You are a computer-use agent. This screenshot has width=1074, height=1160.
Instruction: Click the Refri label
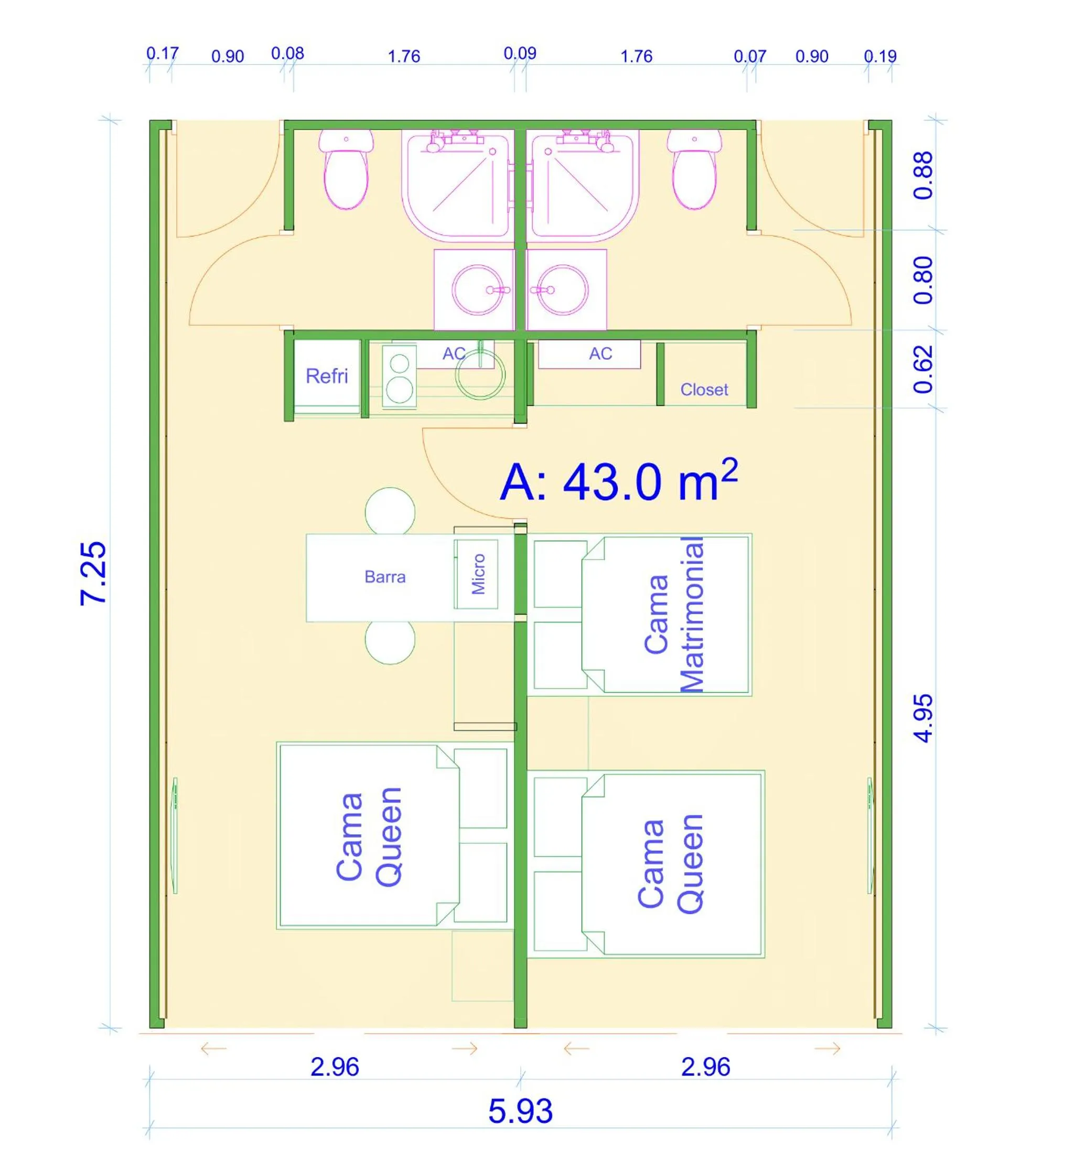[x=327, y=376]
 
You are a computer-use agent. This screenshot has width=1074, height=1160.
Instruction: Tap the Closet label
[x=704, y=390]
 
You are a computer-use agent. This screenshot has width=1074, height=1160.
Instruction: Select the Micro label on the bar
[x=478, y=574]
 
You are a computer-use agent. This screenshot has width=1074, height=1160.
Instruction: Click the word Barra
[x=385, y=576]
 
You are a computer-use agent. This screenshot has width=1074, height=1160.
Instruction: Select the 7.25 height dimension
[x=93, y=573]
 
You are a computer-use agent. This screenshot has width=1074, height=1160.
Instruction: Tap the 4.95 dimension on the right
[x=923, y=718]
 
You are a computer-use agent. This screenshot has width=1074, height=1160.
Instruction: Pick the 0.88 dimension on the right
[x=923, y=176]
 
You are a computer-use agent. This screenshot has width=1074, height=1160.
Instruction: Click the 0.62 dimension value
[x=923, y=369]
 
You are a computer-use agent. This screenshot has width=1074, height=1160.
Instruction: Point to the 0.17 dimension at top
[x=162, y=53]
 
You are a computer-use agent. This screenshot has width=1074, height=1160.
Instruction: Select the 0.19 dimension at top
[x=880, y=56]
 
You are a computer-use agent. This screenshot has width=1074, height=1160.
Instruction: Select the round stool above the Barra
[x=390, y=511]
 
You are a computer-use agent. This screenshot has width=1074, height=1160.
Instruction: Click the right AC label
[x=600, y=353]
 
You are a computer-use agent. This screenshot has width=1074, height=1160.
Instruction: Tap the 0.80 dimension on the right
[x=923, y=280]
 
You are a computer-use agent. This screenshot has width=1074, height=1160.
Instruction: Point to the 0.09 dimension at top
[x=520, y=53]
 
